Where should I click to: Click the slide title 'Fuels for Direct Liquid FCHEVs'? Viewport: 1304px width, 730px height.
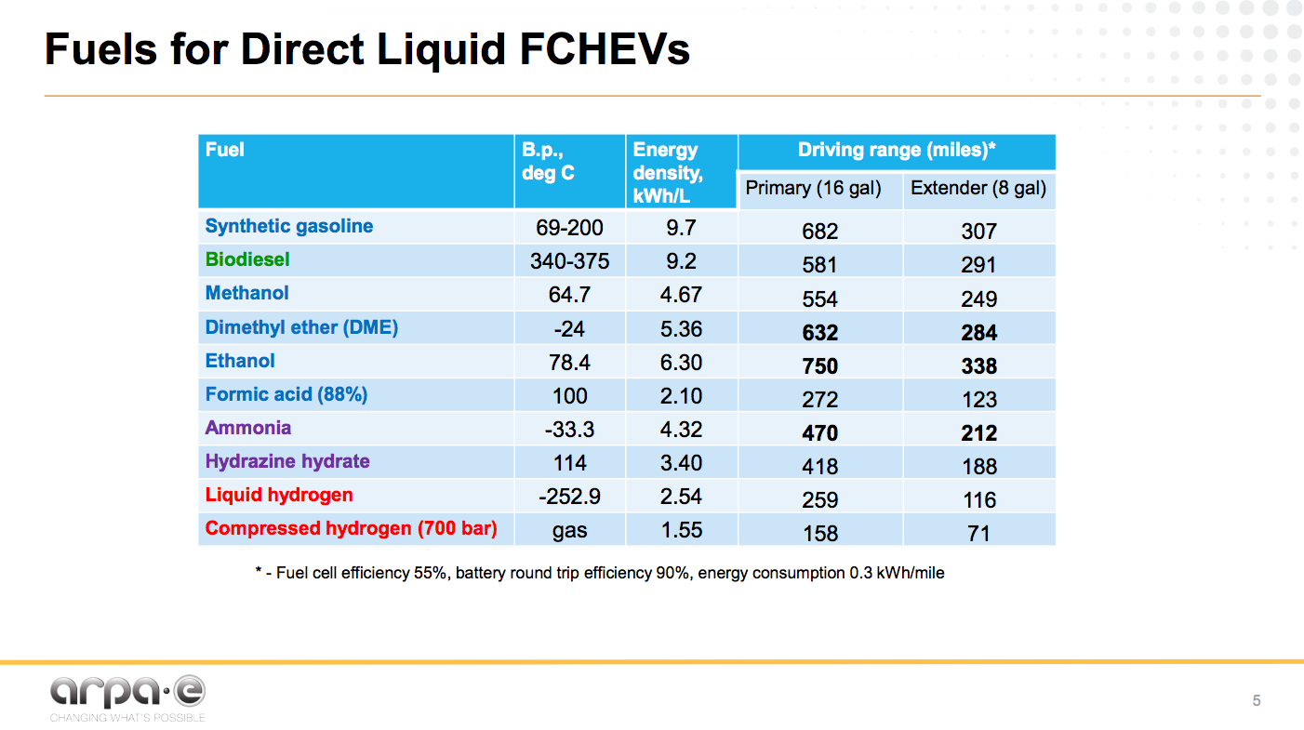[367, 49]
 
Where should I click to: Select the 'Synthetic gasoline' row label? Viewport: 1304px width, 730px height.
[288, 226]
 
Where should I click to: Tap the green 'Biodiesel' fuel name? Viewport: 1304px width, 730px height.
[247, 259]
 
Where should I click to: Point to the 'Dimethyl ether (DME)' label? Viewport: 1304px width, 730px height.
[301, 327]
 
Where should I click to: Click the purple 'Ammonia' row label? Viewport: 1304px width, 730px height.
[248, 428]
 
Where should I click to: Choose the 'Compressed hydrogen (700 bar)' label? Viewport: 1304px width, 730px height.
[351, 528]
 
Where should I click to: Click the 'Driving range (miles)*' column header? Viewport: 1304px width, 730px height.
[897, 151]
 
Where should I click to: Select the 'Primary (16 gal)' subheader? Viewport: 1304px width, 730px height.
[813, 189]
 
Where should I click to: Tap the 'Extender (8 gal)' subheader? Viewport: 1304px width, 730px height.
[978, 189]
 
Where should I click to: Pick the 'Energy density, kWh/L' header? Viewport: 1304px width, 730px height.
[668, 173]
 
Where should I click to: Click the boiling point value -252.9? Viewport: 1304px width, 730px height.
[569, 497]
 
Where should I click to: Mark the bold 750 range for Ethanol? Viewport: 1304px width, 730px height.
[819, 366]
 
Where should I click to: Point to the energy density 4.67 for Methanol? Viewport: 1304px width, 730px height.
[681, 295]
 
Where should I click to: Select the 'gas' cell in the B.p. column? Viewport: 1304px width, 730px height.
[569, 530]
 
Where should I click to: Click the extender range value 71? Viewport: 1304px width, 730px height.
[978, 534]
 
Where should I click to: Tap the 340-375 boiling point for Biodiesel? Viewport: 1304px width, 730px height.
[569, 261]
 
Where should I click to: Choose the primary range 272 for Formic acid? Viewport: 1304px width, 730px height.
[819, 400]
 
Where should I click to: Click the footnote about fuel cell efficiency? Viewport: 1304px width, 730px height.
[600, 573]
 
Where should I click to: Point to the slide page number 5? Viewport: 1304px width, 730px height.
[1257, 701]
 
